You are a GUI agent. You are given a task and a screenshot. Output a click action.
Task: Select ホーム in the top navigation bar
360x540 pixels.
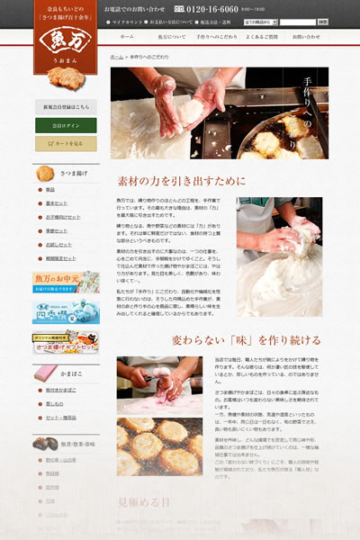[127, 37]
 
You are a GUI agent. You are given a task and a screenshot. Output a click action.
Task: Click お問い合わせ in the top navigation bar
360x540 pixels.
[306, 37]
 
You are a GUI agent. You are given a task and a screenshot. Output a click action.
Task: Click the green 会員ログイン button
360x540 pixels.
[66, 124]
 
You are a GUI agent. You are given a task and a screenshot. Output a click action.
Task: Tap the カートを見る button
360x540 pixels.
[66, 142]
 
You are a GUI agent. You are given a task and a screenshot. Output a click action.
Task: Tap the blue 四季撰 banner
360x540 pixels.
[66, 310]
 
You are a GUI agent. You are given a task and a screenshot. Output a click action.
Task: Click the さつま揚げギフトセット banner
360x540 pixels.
[66, 341]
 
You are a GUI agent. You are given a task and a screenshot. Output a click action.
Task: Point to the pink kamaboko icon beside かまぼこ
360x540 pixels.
[45, 372]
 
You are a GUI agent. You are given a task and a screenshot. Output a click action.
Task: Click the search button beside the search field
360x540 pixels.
[322, 22]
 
